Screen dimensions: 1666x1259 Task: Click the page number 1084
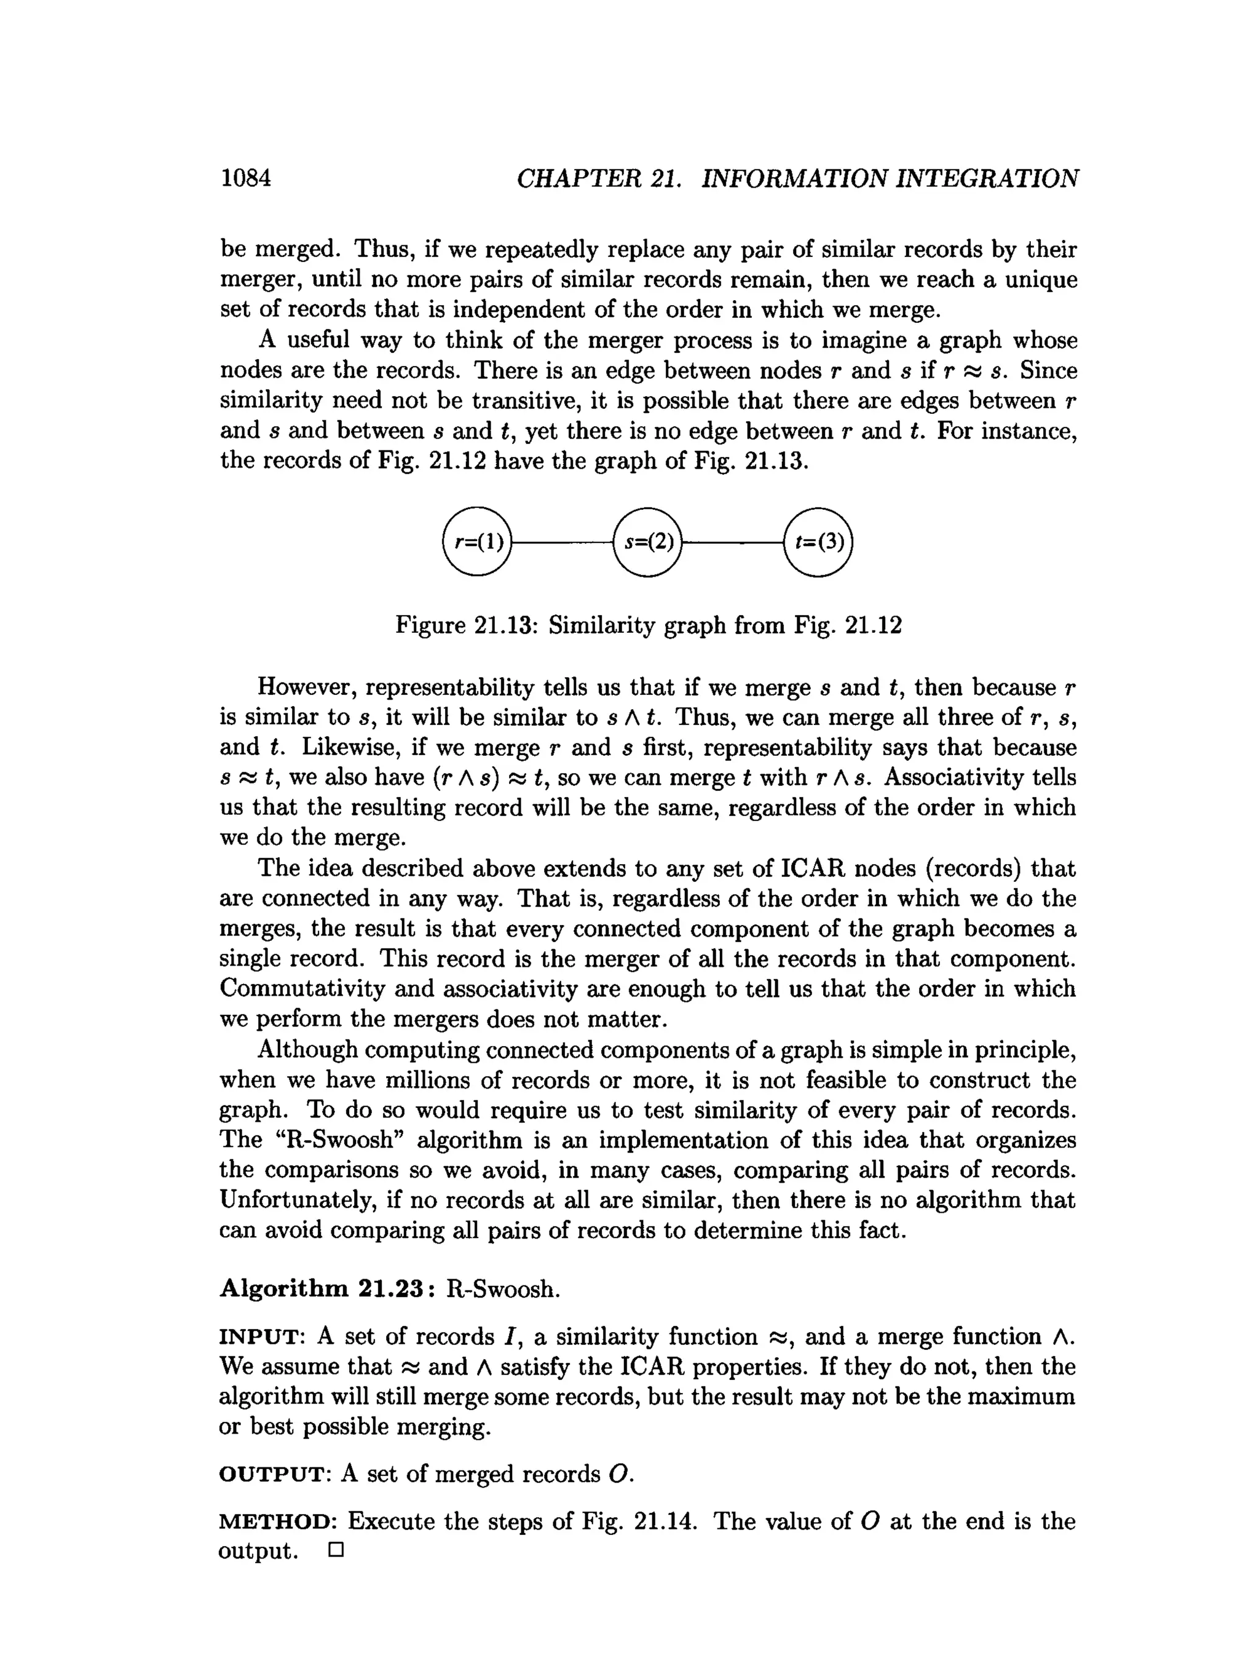[245, 178]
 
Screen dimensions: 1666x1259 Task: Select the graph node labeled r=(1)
[476, 542]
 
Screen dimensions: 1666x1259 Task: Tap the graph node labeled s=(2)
[647, 542]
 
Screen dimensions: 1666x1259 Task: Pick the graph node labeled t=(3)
[818, 542]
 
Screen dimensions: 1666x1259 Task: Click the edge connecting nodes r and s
[562, 542]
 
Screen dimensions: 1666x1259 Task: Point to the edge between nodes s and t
[733, 542]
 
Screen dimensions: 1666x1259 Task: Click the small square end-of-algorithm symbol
[336, 1552]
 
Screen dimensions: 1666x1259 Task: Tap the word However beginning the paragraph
[309, 688]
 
